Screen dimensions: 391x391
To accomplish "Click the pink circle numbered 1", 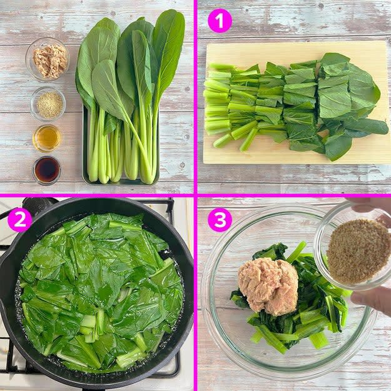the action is (x=220, y=21).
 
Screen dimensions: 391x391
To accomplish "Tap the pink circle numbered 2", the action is (x=19, y=220).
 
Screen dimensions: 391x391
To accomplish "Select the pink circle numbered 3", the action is (x=220, y=220).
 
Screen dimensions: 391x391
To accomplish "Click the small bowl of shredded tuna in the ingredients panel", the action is (x=48, y=59).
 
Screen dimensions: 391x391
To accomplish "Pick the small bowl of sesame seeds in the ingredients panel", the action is (x=48, y=104).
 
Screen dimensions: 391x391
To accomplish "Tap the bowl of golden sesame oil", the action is (x=47, y=138).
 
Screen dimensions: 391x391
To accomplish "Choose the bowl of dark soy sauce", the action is (x=46, y=170).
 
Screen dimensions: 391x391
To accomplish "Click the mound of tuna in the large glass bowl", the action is (x=268, y=283).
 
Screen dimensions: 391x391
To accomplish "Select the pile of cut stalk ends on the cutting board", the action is (x=220, y=104).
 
